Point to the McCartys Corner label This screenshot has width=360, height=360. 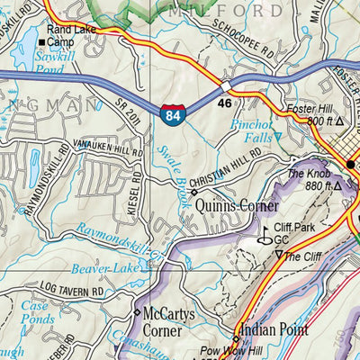(x=168, y=321)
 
